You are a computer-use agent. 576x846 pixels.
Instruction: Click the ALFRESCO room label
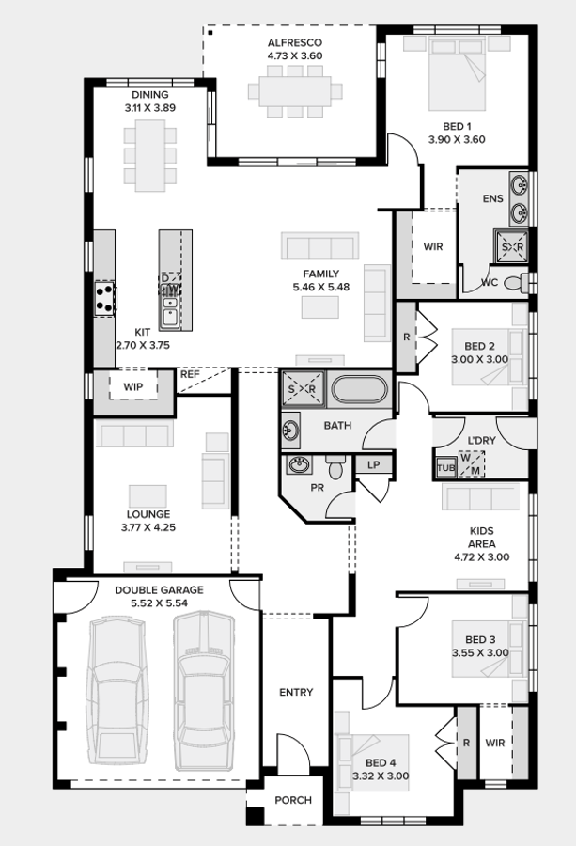[294, 42]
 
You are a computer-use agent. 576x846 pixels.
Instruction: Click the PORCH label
[293, 800]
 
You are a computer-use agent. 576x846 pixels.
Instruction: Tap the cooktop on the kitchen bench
[103, 298]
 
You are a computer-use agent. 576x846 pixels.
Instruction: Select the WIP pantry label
[132, 386]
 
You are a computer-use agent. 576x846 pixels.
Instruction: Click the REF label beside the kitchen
[190, 374]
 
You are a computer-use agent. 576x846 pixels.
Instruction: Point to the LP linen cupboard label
[373, 464]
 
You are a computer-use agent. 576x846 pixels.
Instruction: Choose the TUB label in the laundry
[445, 467]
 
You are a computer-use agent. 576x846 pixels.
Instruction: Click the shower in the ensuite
[512, 246]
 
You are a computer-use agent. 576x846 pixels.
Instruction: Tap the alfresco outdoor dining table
[294, 91]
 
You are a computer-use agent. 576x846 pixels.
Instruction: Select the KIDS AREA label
[482, 538]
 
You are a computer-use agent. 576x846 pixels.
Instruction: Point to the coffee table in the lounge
[148, 494]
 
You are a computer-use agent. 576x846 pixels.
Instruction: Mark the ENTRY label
[296, 693]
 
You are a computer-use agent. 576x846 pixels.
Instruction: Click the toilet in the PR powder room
[335, 466]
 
